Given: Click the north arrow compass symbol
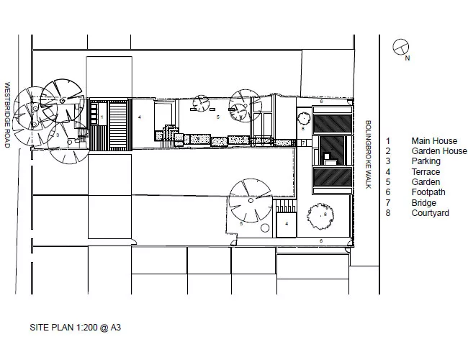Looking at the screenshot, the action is pos(401,48).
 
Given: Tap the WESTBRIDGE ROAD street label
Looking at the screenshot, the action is pos(7,115).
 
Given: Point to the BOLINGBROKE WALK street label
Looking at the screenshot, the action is pos(369,154).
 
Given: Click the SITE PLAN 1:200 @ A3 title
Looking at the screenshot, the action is pos(75,328).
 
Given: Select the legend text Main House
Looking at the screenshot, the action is pos(434,141).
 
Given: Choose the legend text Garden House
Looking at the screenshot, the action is pos(439,151).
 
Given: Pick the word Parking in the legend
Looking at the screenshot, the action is pos(426,161).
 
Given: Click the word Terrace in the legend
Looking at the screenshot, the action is pos(426,172).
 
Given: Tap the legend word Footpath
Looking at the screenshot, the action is pos(428,192).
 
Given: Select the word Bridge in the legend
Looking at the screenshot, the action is pos(424,203).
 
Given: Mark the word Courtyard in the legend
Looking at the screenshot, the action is pos(431,213).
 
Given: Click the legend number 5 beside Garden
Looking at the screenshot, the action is pos(388,182).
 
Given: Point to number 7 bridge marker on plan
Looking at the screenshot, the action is pos(304,143).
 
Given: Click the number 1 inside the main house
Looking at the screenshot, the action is pos(102,117).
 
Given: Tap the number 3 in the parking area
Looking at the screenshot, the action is pos(58,135).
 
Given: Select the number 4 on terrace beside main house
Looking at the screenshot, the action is pos(140,117).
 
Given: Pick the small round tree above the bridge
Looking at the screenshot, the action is pos(304,119).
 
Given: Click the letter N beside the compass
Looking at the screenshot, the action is pos(407,58).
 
